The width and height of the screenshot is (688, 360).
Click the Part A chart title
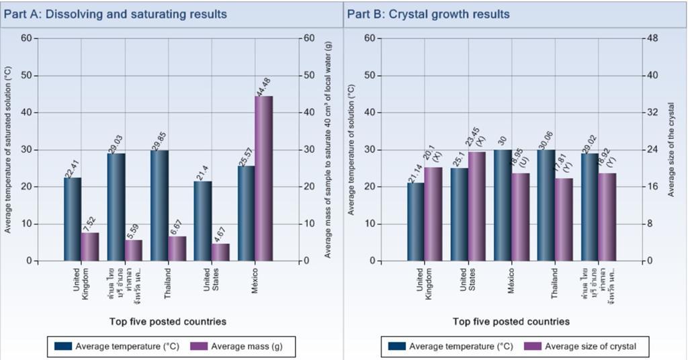pyautogui.click(x=116, y=14)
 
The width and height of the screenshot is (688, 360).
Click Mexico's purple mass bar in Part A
pyautogui.click(x=263, y=178)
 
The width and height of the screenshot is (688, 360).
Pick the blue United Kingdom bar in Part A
pyautogui.click(x=73, y=219)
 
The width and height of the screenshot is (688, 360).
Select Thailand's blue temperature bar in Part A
pyautogui.click(x=159, y=205)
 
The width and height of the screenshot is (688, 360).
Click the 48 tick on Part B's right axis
pyautogui.click(x=651, y=38)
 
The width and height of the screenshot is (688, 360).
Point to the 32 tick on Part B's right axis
pyautogui.click(x=651, y=113)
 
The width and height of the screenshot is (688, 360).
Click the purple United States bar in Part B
pyautogui.click(x=477, y=206)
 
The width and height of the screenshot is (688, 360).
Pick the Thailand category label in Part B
pyautogui.click(x=555, y=281)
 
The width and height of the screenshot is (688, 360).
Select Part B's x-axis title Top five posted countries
pyautogui.click(x=511, y=322)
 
